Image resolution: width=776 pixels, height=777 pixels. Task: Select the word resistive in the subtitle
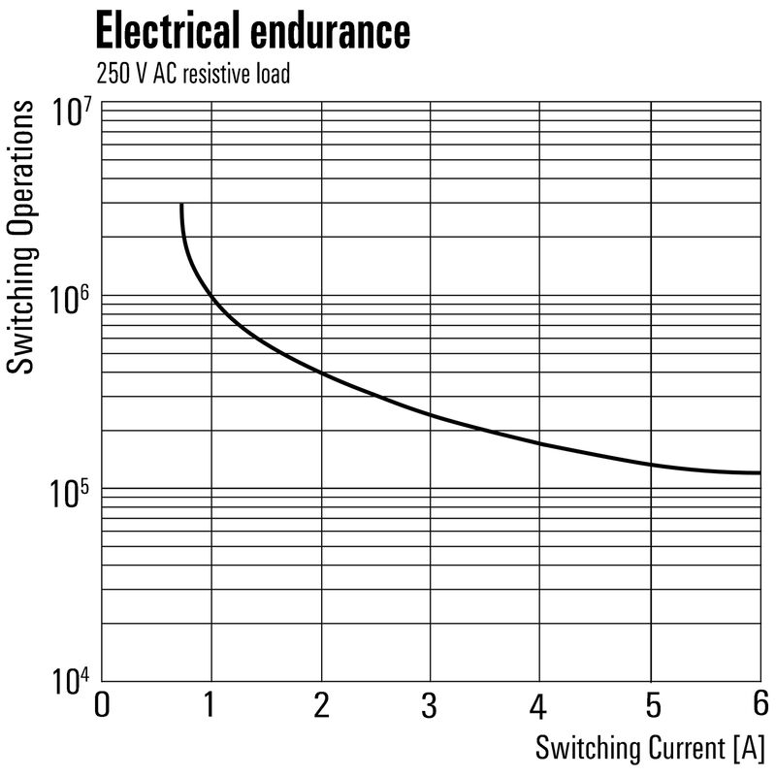click(218, 74)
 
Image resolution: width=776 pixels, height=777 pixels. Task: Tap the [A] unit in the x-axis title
click(750, 748)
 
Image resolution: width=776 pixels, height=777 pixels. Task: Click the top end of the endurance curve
click(181, 206)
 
